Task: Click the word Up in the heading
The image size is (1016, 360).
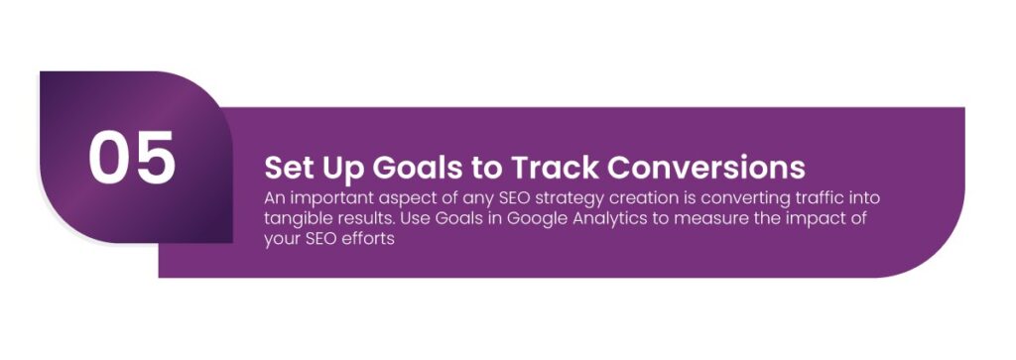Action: point(340,166)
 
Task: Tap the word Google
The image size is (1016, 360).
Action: point(540,218)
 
